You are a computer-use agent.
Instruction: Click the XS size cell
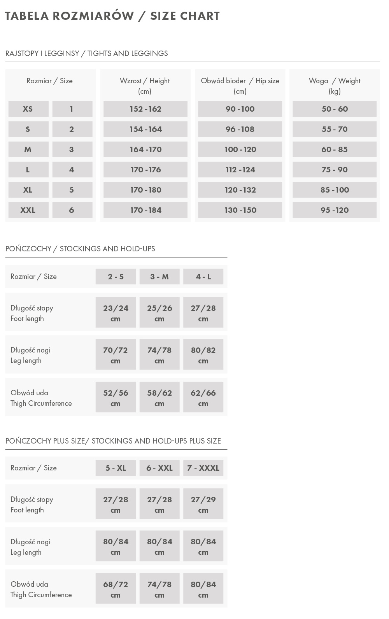(28, 109)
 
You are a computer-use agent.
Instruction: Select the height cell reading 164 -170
(145, 149)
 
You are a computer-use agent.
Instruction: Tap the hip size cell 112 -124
(240, 170)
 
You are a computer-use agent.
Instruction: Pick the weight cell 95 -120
(335, 210)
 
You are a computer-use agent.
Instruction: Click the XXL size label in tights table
(28, 210)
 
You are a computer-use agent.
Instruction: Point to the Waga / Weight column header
(335, 86)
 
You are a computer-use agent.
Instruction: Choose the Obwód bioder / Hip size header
(240, 86)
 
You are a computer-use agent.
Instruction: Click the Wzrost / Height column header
(145, 86)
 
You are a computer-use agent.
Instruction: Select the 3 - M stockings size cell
(159, 277)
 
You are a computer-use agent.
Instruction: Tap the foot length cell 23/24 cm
(116, 313)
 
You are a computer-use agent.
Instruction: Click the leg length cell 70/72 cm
(116, 355)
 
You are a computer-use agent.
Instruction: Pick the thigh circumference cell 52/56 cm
(116, 398)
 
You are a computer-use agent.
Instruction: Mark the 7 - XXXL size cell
(203, 468)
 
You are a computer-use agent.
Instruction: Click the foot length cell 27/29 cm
(203, 504)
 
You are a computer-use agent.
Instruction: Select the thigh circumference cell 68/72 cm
(116, 589)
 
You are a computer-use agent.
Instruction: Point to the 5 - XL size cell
(116, 468)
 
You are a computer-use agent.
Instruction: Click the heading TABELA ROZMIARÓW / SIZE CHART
(112, 16)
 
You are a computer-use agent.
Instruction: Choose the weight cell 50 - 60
(335, 109)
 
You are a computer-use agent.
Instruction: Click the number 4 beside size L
(72, 170)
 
